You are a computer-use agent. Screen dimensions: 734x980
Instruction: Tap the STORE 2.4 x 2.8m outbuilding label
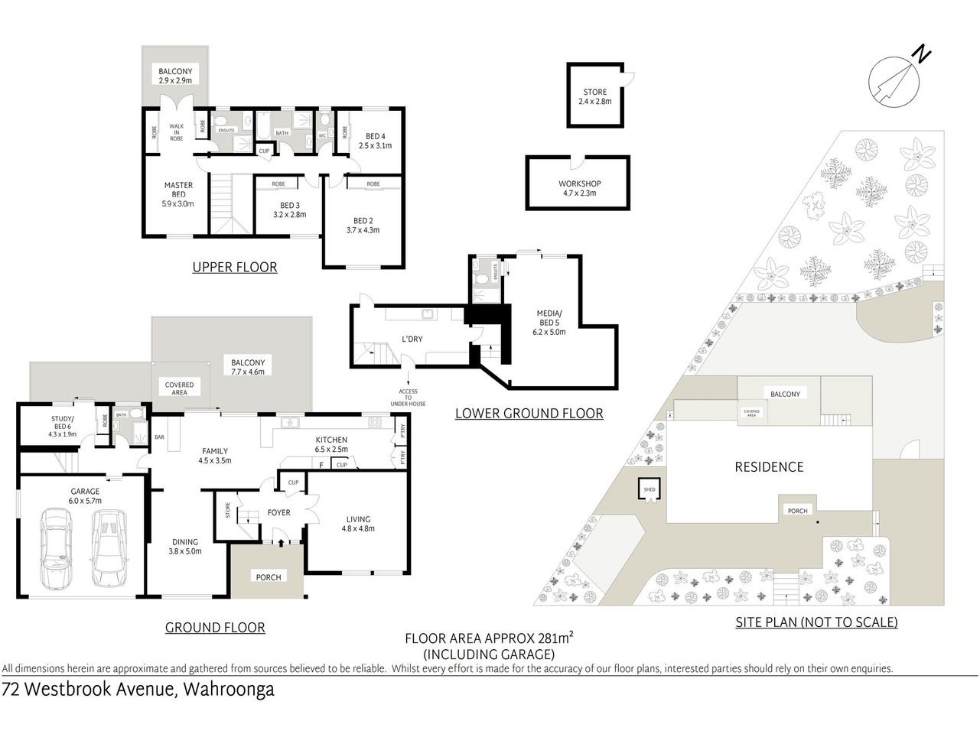click(594, 96)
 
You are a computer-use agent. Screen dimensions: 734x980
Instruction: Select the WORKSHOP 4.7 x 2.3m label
click(579, 188)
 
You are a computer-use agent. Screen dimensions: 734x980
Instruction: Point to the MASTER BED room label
click(178, 194)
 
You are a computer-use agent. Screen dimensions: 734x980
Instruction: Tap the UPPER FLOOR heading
click(234, 267)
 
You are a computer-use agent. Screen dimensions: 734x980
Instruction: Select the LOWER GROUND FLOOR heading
click(529, 414)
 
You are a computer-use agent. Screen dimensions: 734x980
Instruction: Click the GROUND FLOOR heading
click(215, 628)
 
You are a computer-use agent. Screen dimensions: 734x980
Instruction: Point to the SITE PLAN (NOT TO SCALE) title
click(816, 622)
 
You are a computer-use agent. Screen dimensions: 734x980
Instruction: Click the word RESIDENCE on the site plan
click(769, 466)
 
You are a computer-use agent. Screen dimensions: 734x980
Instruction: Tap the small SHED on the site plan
click(649, 489)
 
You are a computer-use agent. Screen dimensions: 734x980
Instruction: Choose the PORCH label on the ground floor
click(268, 577)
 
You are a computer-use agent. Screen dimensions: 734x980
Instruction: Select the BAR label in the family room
click(159, 438)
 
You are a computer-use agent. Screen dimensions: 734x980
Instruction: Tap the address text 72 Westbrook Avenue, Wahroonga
click(138, 689)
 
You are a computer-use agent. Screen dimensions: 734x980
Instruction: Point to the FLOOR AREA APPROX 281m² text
click(490, 638)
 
